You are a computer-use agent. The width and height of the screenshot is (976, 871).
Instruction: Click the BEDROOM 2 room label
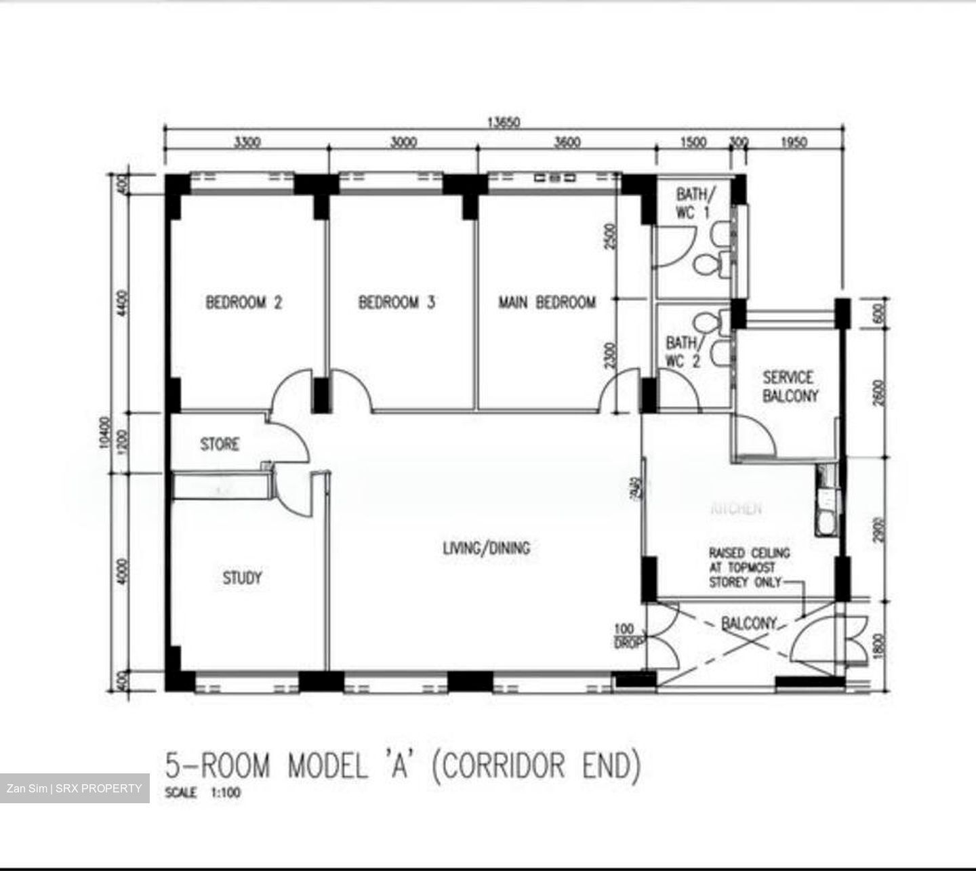coord(243,302)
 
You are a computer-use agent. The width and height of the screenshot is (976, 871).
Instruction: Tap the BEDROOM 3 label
coord(396,302)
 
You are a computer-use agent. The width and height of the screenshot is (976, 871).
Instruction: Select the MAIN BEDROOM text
coord(547,302)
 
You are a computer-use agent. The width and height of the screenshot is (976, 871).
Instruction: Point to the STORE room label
coord(220,445)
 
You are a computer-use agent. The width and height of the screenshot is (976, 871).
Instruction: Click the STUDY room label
coord(242,578)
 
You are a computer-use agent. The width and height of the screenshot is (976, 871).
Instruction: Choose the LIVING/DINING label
coord(486,548)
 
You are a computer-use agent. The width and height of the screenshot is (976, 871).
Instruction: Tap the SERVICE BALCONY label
coord(790,386)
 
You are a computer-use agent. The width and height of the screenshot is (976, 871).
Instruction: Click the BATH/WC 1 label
coord(692,203)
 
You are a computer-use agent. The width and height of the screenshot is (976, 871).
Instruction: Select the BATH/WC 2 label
coord(683,352)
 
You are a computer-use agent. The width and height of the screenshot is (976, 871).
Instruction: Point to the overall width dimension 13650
coord(503,123)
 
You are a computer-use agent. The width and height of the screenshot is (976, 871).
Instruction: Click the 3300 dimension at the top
coord(247,142)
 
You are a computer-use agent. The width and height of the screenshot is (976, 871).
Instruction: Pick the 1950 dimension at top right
coord(794,142)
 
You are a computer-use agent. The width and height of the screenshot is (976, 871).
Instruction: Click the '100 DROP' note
coord(624,636)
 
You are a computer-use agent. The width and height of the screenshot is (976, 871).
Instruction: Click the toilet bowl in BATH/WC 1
coord(709,264)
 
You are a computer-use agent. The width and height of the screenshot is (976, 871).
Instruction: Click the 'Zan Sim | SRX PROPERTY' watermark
coord(75,788)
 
